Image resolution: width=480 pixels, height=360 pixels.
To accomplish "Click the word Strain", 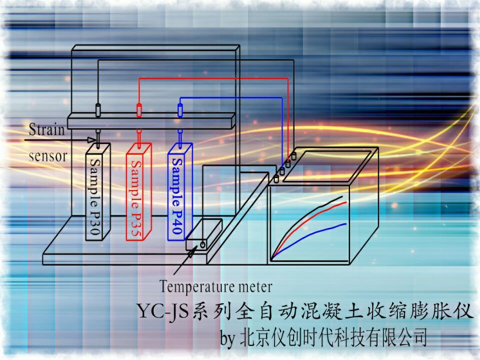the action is click(47, 129).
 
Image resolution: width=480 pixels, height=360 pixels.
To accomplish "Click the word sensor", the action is click(48, 156).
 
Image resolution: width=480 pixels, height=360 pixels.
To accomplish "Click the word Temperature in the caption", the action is click(197, 286).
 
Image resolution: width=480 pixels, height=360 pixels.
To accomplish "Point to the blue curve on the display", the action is click(309, 239).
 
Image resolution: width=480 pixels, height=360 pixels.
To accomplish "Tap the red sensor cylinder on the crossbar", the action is click(139, 110).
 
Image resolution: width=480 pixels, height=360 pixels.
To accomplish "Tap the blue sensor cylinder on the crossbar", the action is click(180, 110).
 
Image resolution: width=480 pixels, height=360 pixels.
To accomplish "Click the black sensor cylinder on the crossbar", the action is click(98, 110).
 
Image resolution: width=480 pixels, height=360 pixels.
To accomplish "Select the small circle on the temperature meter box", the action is click(202, 244).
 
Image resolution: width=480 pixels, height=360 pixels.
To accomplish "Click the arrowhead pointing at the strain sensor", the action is click(91, 140).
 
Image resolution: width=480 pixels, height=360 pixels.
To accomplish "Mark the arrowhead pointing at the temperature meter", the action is click(191, 252).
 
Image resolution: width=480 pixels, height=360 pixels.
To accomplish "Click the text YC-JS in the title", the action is click(162, 311).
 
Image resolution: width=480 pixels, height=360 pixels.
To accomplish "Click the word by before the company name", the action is click(228, 338).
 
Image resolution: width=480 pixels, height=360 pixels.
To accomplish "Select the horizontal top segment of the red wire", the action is click(213, 78).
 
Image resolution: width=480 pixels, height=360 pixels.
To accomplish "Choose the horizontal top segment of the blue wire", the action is click(231, 97).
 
